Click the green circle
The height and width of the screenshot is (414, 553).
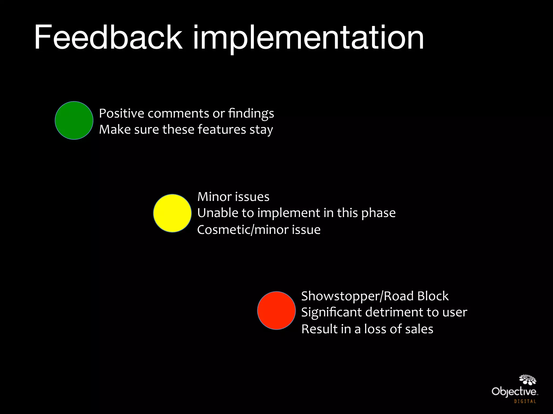pyautogui.click(x=74, y=120)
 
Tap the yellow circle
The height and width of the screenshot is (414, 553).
pyautogui.click(x=172, y=213)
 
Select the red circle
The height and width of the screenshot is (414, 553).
pyautogui.click(x=276, y=310)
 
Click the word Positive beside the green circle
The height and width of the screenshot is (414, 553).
pyautogui.click(x=122, y=113)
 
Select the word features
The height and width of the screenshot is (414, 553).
pyautogui.click(x=222, y=129)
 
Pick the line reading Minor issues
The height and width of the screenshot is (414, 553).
pyautogui.click(x=233, y=197)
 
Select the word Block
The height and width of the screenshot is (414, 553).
pyautogui.click(x=433, y=296)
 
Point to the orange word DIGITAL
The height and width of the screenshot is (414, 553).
pyautogui.click(x=525, y=402)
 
